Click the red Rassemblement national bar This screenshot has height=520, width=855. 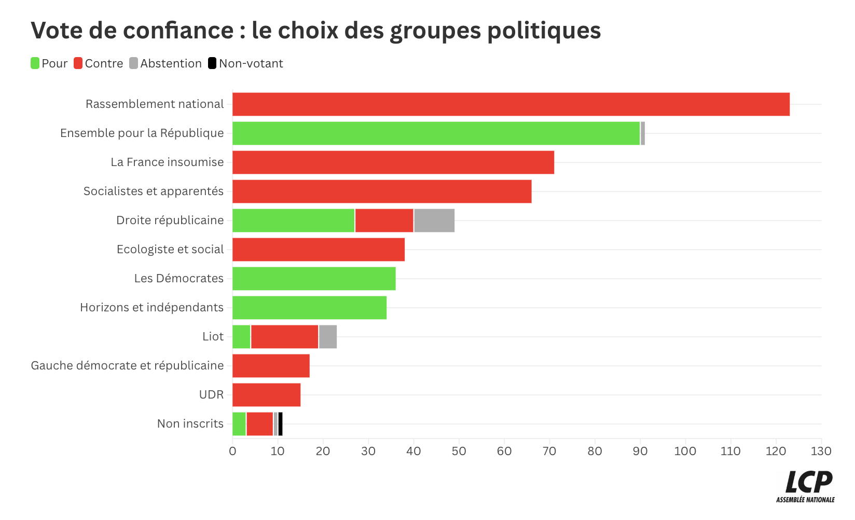pos(511,104)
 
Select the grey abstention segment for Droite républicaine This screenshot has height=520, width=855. pos(434,221)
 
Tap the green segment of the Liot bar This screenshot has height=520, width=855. pos(241,337)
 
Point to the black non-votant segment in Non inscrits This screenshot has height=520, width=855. pos(281,424)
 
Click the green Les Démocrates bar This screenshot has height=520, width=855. pos(314,279)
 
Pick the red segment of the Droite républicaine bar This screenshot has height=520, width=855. pos(384,221)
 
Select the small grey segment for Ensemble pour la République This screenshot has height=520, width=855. pos(643,133)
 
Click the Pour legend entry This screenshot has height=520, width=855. pos(49,63)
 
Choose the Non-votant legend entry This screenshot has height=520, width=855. pos(245,63)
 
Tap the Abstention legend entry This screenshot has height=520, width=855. pos(166,63)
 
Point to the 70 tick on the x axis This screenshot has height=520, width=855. pos(549,451)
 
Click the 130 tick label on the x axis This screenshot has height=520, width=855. pos(821,451)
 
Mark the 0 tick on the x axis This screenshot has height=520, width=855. pos(232,451)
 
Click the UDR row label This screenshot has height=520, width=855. pos(211,395)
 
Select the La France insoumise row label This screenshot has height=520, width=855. pos(167,162)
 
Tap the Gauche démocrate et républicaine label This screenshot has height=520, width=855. pos(127,366)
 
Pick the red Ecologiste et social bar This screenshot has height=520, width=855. pos(319,250)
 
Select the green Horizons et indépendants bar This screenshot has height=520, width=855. pos(309,308)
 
